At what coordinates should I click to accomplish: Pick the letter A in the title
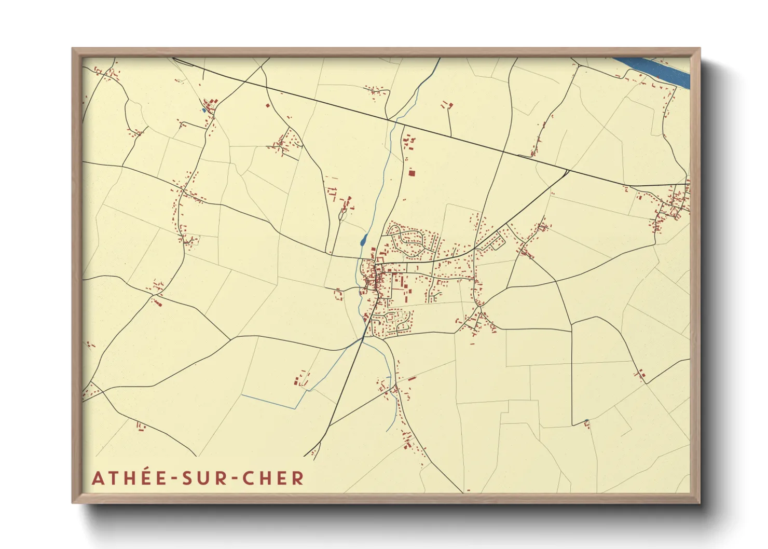(98, 478)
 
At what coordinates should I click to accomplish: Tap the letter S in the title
(186, 478)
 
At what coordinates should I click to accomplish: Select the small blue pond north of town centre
(363, 240)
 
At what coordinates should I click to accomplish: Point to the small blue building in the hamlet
(204, 110)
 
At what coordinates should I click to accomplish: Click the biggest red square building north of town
(412, 173)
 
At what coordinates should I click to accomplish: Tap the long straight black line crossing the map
(389, 121)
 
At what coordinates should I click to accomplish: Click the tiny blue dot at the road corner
(586, 421)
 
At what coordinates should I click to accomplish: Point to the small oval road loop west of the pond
(341, 212)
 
